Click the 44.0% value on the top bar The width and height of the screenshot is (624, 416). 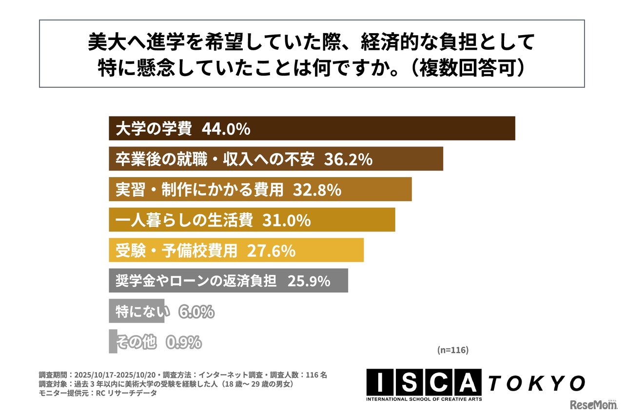pyautogui.click(x=226, y=129)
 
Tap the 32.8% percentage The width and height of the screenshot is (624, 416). pyautogui.click(x=317, y=190)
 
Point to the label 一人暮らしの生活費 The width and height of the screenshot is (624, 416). pyautogui.click(x=184, y=220)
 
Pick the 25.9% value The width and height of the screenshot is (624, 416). pyautogui.click(x=309, y=281)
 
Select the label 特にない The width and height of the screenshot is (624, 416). pyautogui.click(x=142, y=311)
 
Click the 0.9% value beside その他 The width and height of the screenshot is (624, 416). pyautogui.click(x=183, y=342)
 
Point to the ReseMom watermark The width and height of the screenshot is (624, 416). pyautogui.click(x=591, y=405)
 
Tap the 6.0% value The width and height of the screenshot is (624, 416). pyautogui.click(x=196, y=311)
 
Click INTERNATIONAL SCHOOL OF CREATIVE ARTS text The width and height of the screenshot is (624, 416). pyautogui.click(x=424, y=399)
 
